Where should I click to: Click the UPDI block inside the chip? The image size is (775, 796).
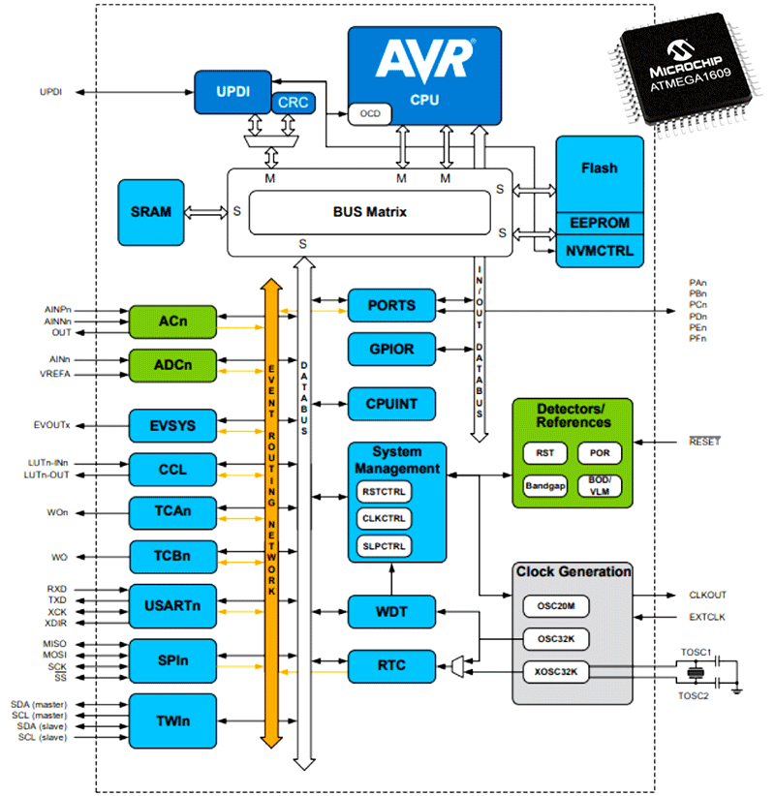tap(233, 91)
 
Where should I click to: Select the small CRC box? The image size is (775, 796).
tap(291, 102)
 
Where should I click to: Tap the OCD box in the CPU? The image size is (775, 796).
tap(370, 113)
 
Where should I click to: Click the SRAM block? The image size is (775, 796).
tap(151, 211)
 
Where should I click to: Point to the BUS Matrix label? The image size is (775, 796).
tap(368, 211)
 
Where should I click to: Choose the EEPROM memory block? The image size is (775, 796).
tap(600, 223)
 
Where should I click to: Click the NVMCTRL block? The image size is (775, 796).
tap(600, 250)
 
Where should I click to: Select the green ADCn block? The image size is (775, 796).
tap(172, 365)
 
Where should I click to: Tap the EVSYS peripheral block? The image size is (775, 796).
tap(172, 425)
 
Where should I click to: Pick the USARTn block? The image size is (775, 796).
tap(172, 605)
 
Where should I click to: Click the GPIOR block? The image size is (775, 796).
tap(392, 349)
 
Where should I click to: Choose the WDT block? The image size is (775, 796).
tap(392, 611)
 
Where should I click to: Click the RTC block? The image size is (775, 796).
tap(392, 665)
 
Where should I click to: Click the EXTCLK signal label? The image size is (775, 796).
tap(707, 616)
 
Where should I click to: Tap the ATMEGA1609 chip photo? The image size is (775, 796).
tap(691, 74)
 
